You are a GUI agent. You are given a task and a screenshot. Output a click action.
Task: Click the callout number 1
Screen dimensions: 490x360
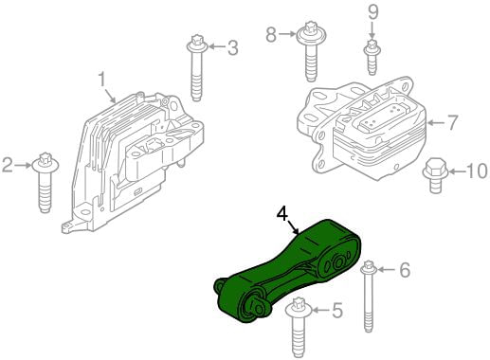pyautogui.click(x=101, y=80)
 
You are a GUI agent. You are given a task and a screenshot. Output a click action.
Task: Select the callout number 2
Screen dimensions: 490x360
pyautogui.click(x=8, y=165)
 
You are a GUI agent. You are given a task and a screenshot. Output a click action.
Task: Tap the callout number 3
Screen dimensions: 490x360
pyautogui.click(x=232, y=47)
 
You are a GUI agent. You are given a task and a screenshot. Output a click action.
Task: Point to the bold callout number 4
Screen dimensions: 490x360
pyautogui.click(x=282, y=214)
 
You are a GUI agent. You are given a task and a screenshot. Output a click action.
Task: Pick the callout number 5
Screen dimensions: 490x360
pyautogui.click(x=337, y=310)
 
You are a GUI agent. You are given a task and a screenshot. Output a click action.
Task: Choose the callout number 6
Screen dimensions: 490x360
pyautogui.click(x=405, y=270)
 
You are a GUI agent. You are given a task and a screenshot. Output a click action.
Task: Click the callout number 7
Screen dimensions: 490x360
pyautogui.click(x=452, y=122)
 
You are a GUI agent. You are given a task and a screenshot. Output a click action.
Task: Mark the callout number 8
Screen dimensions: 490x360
pyautogui.click(x=271, y=34)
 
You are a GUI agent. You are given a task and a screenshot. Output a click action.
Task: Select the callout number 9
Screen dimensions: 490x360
pyautogui.click(x=373, y=13)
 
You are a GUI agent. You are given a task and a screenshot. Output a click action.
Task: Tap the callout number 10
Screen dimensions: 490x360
pyautogui.click(x=477, y=171)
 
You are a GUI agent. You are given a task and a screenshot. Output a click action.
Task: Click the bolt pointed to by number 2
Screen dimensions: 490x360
pyautogui.click(x=45, y=183)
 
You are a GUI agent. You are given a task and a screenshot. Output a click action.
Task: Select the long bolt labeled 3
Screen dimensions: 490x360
pyautogui.click(x=197, y=67)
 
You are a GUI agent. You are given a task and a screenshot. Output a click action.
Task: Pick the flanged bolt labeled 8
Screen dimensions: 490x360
pyautogui.click(x=311, y=51)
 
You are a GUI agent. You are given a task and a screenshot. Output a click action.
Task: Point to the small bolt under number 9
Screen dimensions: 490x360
pyautogui.click(x=372, y=57)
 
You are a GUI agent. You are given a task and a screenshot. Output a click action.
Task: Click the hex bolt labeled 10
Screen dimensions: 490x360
pyautogui.click(x=436, y=176)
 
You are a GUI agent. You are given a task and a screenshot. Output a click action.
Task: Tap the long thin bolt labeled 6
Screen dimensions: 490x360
pyautogui.click(x=369, y=297)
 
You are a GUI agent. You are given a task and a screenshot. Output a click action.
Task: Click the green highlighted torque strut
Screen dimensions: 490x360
pyautogui.click(x=287, y=272)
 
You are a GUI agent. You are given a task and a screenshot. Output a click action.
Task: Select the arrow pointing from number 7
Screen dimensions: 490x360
pyautogui.click(x=436, y=122)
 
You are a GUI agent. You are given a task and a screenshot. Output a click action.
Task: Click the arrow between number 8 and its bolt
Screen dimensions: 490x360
pyautogui.click(x=287, y=34)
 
